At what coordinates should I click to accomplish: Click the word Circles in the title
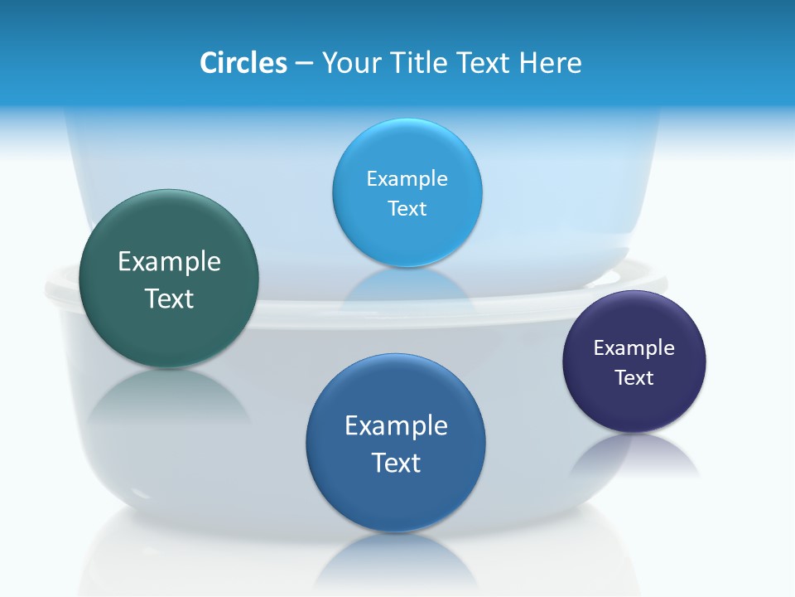[243, 63]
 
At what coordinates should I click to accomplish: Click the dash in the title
[303, 64]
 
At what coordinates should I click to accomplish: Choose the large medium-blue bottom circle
[396, 498]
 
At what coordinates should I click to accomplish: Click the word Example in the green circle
[169, 262]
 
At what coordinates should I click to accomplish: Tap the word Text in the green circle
[169, 298]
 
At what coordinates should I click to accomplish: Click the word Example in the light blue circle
[407, 179]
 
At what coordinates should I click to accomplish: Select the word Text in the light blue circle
[407, 209]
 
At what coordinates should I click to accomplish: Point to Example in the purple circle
[634, 348]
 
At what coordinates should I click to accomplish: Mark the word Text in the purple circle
[634, 378]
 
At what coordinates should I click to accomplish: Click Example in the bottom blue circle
[396, 426]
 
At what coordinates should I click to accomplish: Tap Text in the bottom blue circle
[396, 463]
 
